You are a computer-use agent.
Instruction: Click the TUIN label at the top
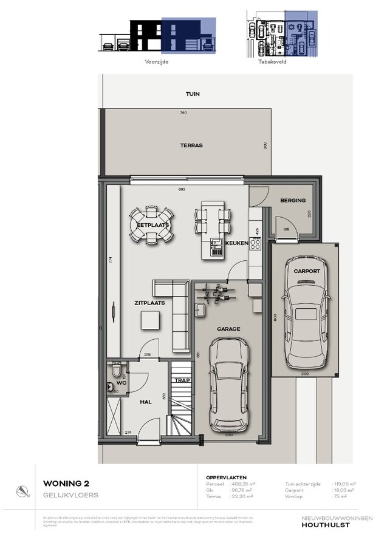193,94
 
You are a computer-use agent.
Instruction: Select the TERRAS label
191,146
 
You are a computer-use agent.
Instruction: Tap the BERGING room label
292,201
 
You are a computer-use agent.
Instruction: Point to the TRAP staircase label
182,381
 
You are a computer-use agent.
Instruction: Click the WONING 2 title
66,484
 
